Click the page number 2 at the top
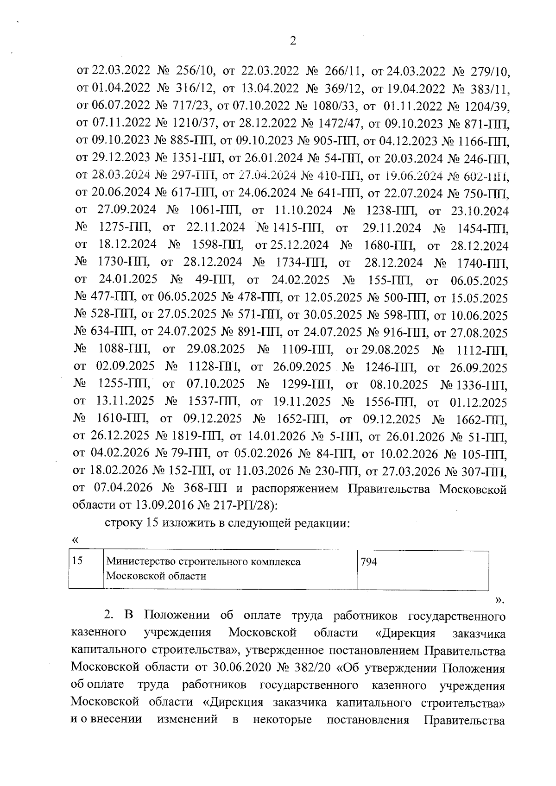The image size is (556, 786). coord(292,41)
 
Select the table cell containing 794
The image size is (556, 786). coord(422,570)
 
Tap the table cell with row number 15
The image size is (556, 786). coord(86,570)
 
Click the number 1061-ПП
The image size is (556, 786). coord(215,211)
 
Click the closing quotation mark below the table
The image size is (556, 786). coord(498,601)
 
